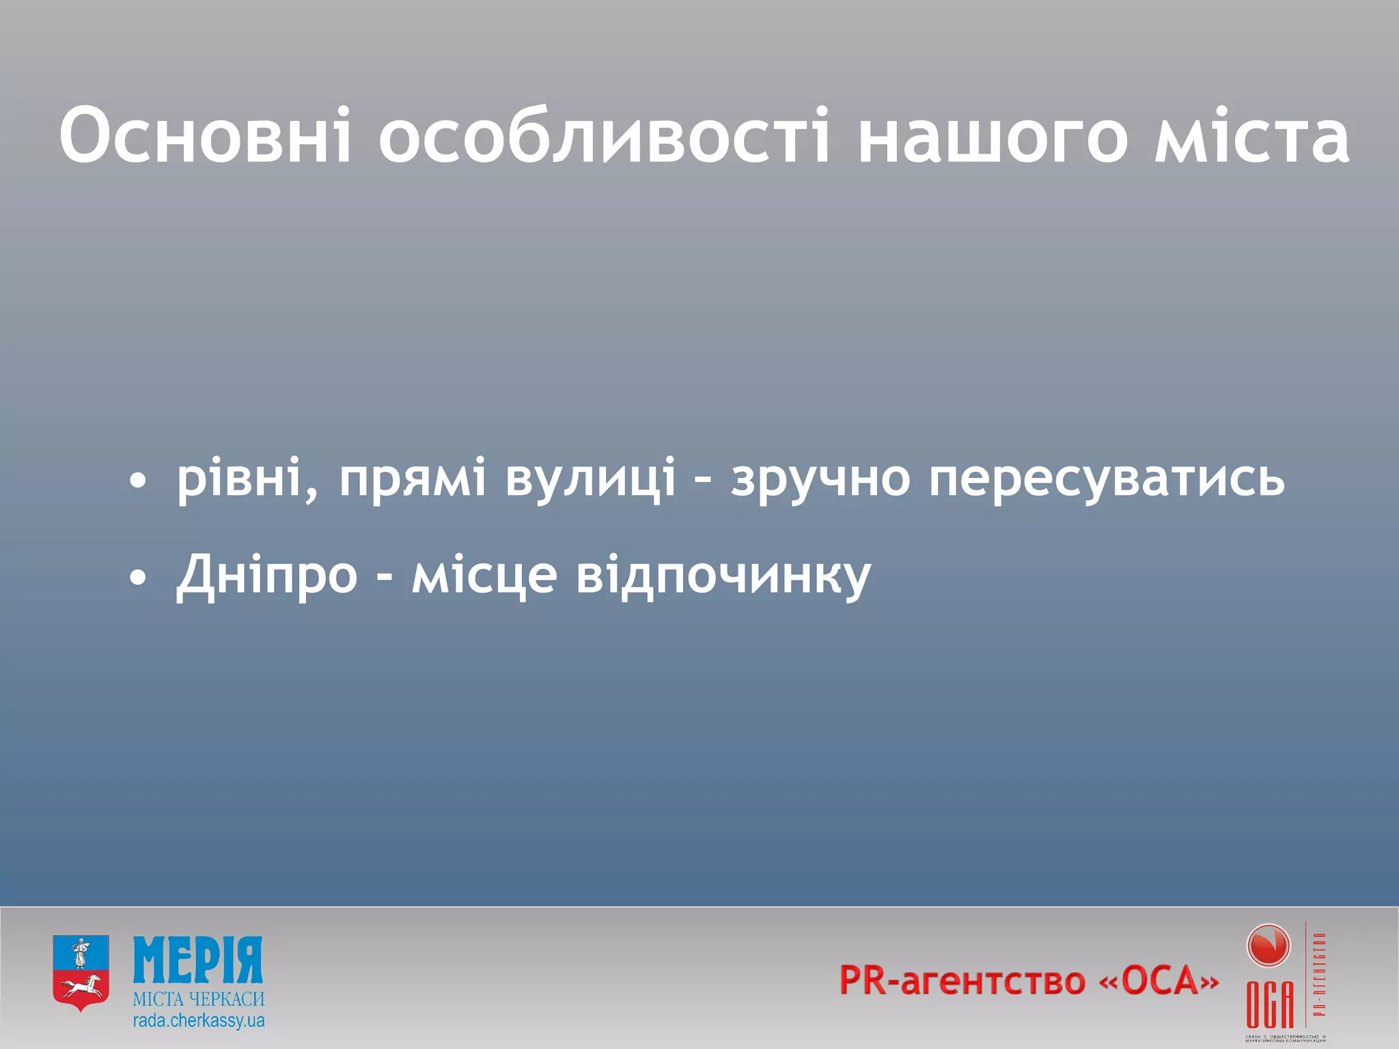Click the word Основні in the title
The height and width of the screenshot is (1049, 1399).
point(206,136)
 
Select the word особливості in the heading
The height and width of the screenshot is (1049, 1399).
point(605,136)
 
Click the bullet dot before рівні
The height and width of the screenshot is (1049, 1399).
point(138,481)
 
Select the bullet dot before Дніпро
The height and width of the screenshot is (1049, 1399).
point(138,578)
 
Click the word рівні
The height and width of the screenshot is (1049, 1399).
point(239,478)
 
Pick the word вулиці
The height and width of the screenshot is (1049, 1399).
point(591,478)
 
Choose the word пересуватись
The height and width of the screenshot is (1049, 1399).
point(1107,478)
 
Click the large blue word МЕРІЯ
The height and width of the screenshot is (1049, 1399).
point(197,960)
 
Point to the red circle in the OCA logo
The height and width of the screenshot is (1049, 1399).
point(1268,947)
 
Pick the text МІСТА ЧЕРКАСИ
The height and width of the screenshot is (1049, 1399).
point(198,999)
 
